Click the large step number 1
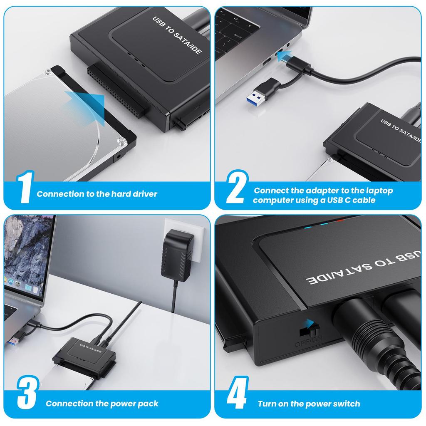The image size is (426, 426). (24, 188)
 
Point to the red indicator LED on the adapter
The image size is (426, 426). (340, 220)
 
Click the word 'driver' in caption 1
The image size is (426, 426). (145, 194)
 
